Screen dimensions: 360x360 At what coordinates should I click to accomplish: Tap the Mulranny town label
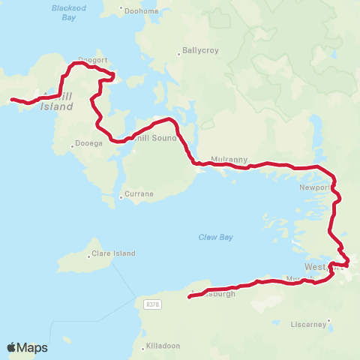(x=225, y=160)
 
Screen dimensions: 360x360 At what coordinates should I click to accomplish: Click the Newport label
(x=313, y=187)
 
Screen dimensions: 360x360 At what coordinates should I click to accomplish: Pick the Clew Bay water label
(x=215, y=237)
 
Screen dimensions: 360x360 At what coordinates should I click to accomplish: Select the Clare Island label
(x=114, y=253)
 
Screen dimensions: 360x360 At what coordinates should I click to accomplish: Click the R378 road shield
(x=152, y=304)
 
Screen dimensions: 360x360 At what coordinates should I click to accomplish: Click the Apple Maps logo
(x=27, y=347)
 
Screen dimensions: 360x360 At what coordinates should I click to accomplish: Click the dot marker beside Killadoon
(x=144, y=348)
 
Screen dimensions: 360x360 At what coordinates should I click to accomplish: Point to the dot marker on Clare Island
(x=89, y=256)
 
